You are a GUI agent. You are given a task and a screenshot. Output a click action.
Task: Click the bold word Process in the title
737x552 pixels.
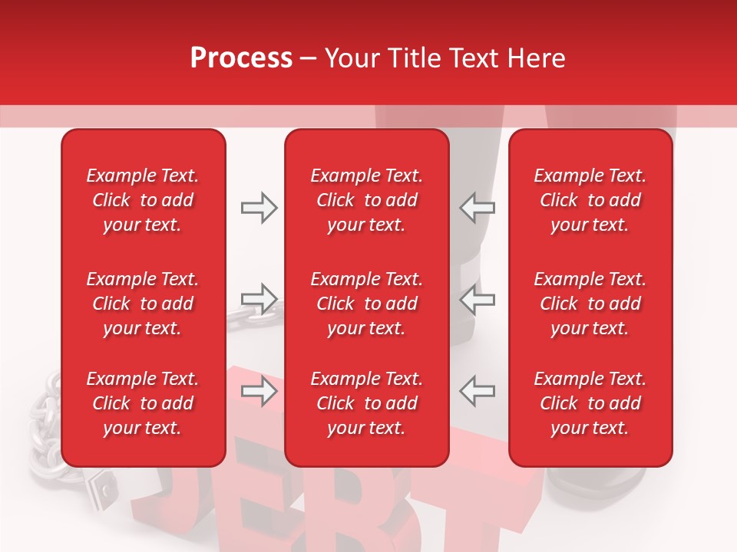(x=241, y=58)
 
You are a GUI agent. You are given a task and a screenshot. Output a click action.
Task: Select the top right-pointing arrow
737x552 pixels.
(x=259, y=208)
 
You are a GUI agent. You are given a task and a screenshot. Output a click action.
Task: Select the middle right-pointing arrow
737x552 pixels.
(x=259, y=298)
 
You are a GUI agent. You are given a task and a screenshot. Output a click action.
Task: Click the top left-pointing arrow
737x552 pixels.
(x=478, y=208)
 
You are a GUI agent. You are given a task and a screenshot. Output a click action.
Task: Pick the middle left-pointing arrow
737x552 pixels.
(x=478, y=298)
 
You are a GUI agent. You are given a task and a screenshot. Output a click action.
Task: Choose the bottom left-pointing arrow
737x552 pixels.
(x=478, y=391)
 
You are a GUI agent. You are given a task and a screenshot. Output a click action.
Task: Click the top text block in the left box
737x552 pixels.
(x=143, y=200)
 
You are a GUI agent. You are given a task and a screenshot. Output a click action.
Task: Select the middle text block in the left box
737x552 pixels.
(x=143, y=304)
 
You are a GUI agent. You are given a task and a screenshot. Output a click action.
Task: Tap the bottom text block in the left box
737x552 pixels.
(x=143, y=403)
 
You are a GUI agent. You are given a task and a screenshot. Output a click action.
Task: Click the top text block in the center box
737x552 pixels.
(x=367, y=200)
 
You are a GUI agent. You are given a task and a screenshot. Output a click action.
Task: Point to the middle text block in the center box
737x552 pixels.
(x=367, y=304)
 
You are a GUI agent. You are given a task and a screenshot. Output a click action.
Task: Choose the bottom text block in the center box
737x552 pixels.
(x=367, y=403)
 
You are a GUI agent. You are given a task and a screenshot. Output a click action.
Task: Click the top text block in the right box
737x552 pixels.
(x=590, y=200)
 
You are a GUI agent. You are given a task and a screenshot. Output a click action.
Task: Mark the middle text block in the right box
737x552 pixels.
(x=590, y=304)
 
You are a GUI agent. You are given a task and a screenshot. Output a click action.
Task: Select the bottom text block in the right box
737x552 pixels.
(x=590, y=403)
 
